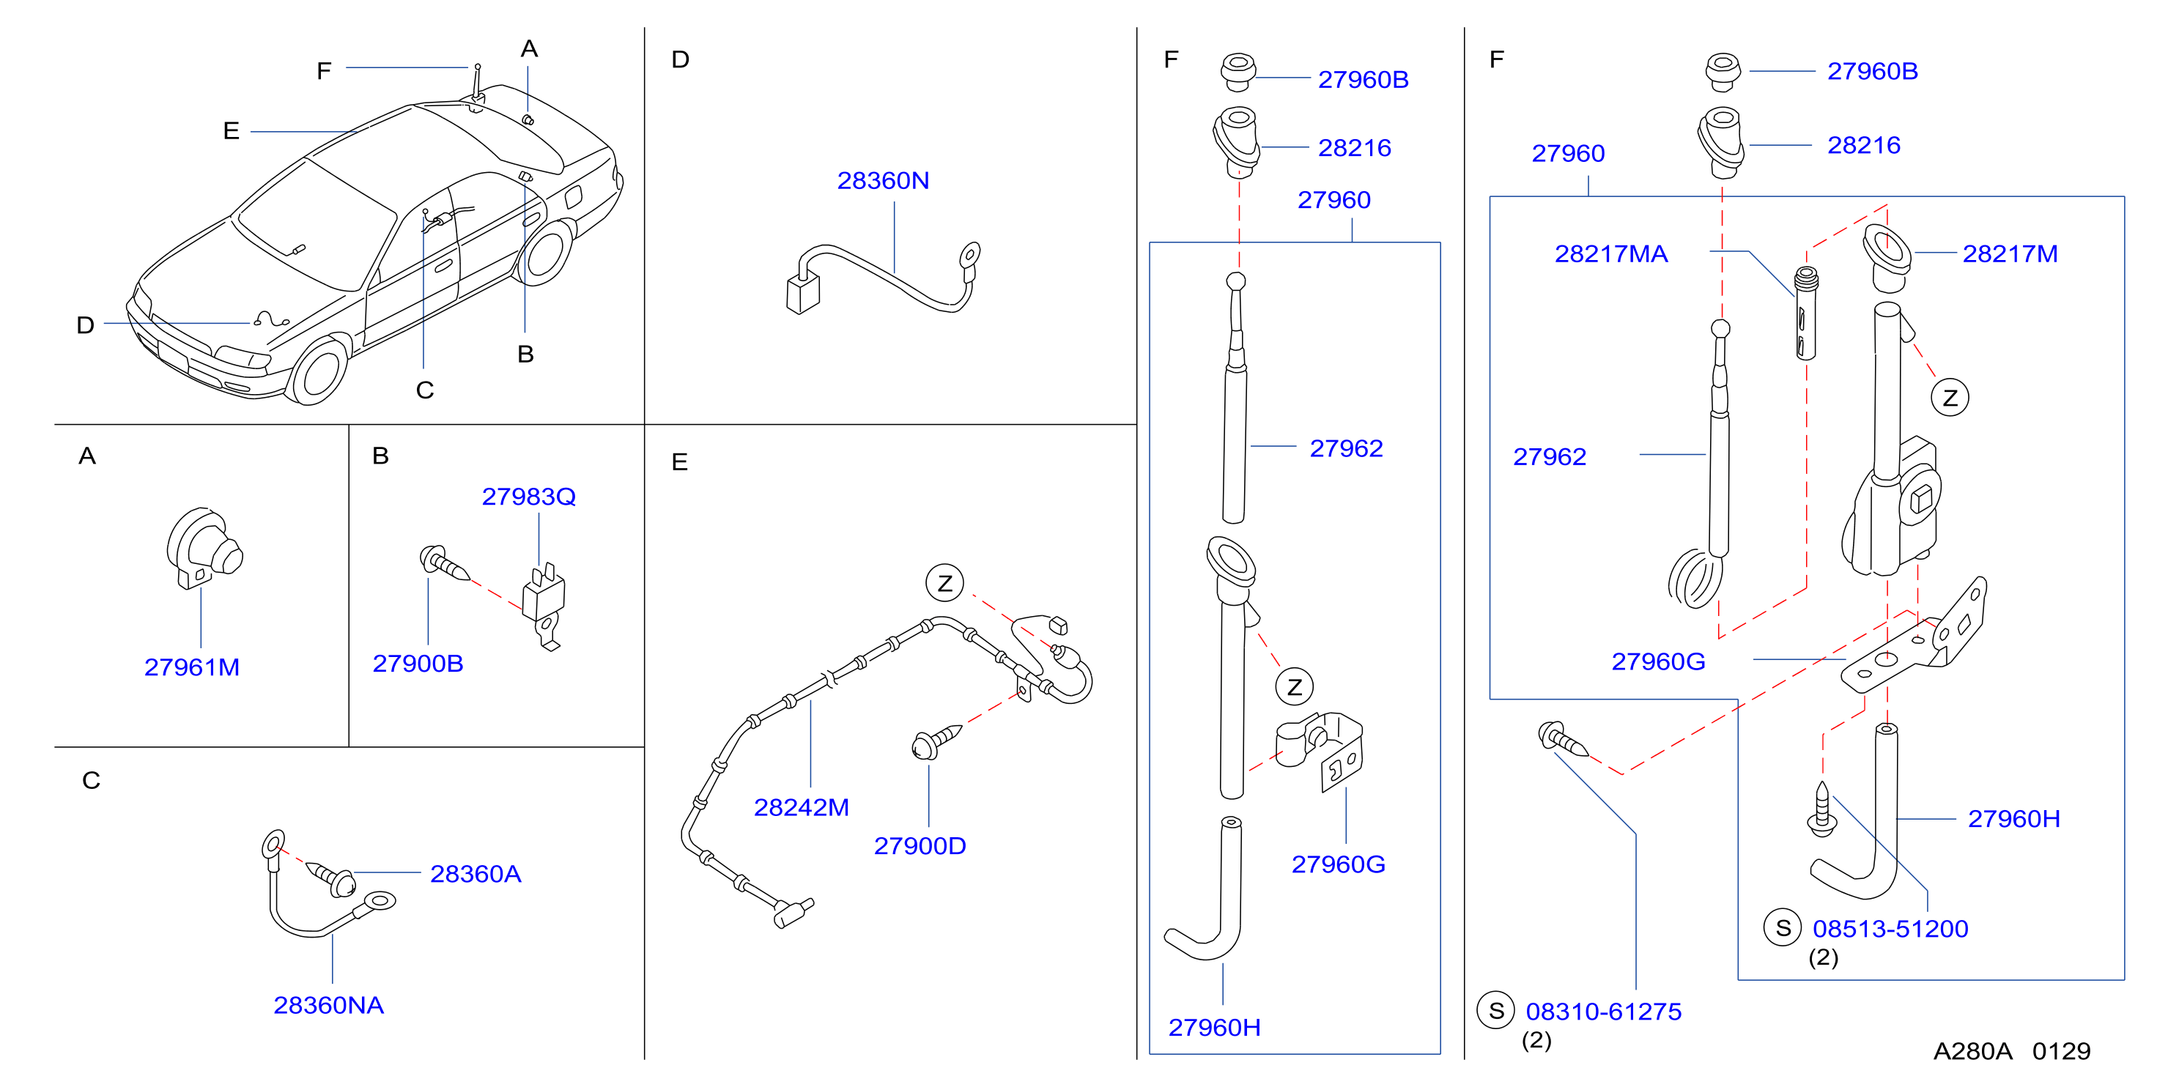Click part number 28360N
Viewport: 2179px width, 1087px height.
coord(882,180)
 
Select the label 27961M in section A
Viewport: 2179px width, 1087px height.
coord(192,667)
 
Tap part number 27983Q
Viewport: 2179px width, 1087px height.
coord(529,496)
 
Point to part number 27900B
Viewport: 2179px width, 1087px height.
coord(418,663)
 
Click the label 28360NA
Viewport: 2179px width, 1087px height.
coord(328,1005)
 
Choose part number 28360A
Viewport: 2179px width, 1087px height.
coord(476,874)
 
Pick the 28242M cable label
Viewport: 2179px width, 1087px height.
coord(801,807)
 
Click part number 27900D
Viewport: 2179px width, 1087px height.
coord(920,846)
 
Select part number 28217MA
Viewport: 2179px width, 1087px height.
coord(1610,253)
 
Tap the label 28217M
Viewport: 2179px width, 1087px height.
coord(2010,253)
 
